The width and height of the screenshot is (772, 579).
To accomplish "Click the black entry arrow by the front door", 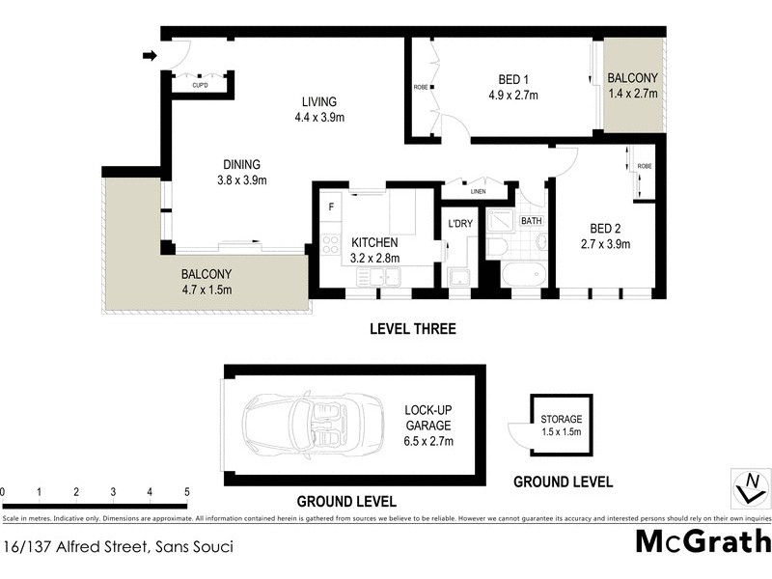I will coord(149,56).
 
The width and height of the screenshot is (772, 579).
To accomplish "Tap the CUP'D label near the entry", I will coord(201,86).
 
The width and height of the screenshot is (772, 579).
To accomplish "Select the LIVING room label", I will coord(318,101).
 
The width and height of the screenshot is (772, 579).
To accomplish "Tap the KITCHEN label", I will coord(374,242).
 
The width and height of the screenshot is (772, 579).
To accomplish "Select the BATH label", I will coord(532,221).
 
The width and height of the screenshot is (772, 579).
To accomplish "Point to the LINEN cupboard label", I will coord(479,191).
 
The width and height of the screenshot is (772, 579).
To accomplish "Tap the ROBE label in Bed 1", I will coord(421,87).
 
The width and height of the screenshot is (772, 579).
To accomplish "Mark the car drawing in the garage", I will coord(299,422).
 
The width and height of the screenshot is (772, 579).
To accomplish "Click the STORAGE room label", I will coord(561,419).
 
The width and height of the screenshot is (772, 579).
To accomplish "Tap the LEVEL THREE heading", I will coord(412,329).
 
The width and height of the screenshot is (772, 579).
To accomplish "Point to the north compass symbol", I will coord(748,486).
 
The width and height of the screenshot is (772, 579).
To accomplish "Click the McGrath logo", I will coord(703,541).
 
